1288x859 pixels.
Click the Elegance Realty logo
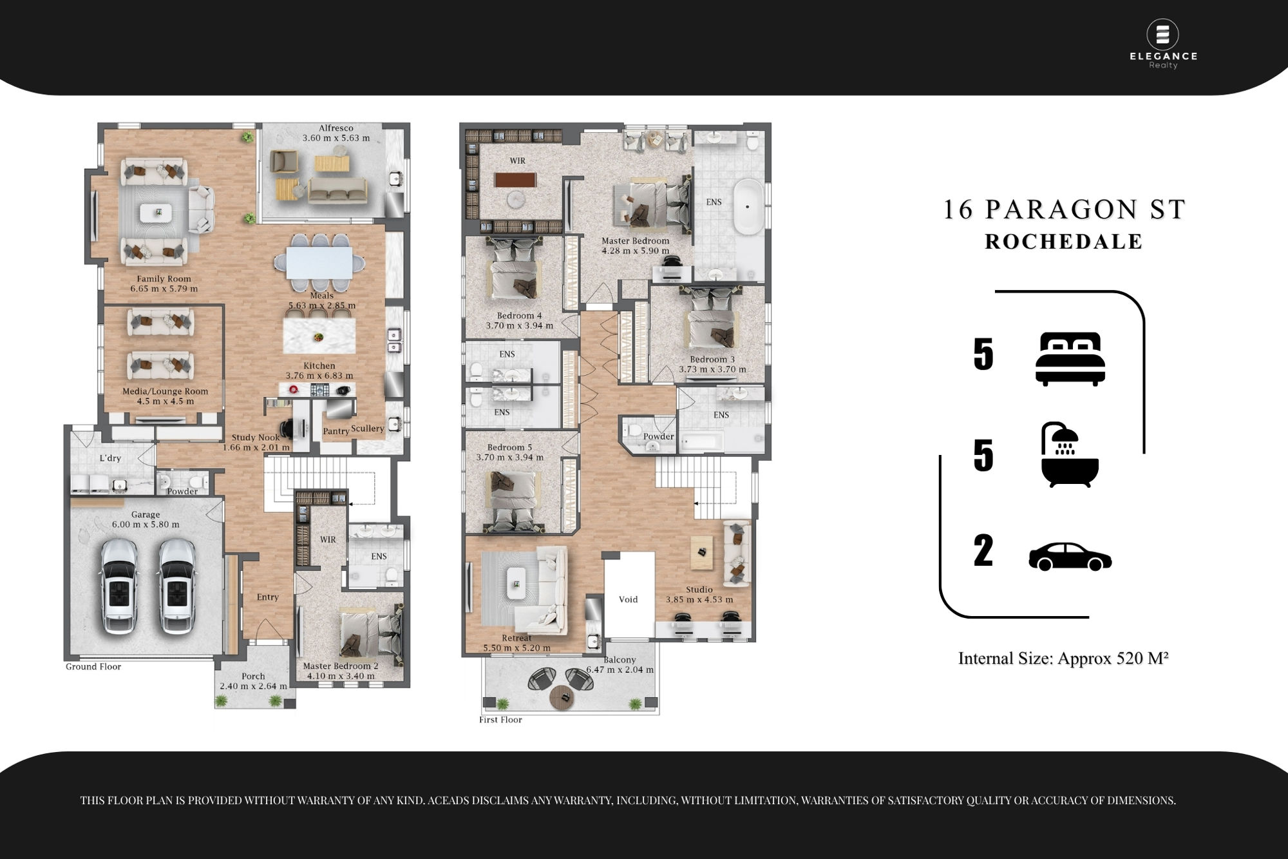click(x=1163, y=44)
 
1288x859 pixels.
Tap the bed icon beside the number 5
click(x=1070, y=359)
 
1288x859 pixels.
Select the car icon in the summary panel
click(x=1070, y=557)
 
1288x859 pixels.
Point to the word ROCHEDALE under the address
click(x=1064, y=242)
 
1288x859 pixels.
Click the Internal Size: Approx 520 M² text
click(x=1063, y=658)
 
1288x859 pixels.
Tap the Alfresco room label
click(x=336, y=128)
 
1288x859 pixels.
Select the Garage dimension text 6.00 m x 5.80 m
click(x=146, y=525)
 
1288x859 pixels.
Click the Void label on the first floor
click(x=628, y=599)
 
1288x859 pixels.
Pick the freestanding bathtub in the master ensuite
click(x=748, y=208)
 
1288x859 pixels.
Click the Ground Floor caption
click(x=93, y=667)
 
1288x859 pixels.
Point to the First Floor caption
click(x=500, y=720)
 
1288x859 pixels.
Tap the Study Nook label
click(x=256, y=438)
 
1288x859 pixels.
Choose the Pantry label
click(x=336, y=431)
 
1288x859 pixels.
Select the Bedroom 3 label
click(x=712, y=360)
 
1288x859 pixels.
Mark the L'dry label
click(x=110, y=458)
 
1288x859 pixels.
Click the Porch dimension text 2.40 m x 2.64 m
click(x=254, y=686)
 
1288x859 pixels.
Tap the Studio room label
click(x=699, y=590)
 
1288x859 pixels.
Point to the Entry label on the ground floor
click(x=268, y=597)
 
